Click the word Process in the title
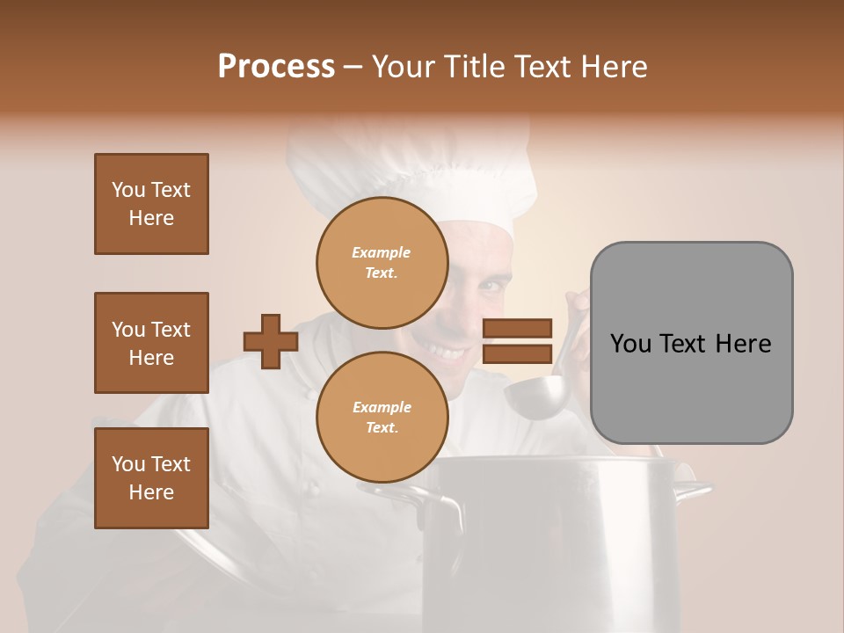(x=276, y=67)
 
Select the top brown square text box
(x=151, y=204)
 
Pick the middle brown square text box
(x=151, y=343)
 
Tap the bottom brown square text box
(x=151, y=478)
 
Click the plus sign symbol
(x=271, y=341)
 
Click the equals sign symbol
(x=518, y=341)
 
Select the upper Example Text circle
(x=382, y=262)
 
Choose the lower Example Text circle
(x=382, y=417)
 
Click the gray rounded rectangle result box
(x=691, y=343)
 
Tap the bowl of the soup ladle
(x=535, y=397)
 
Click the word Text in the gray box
(x=691, y=343)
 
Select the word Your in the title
(x=400, y=67)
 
